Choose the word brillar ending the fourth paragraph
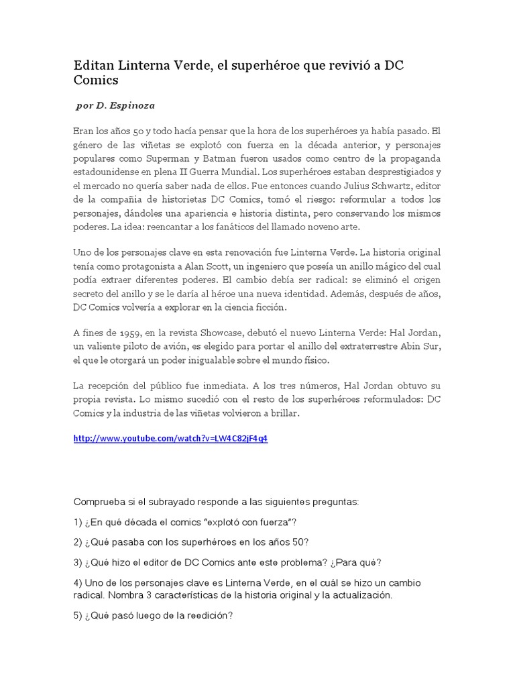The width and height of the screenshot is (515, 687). [284, 413]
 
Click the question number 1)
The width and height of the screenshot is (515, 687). [78, 522]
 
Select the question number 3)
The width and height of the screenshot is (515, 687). [78, 562]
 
